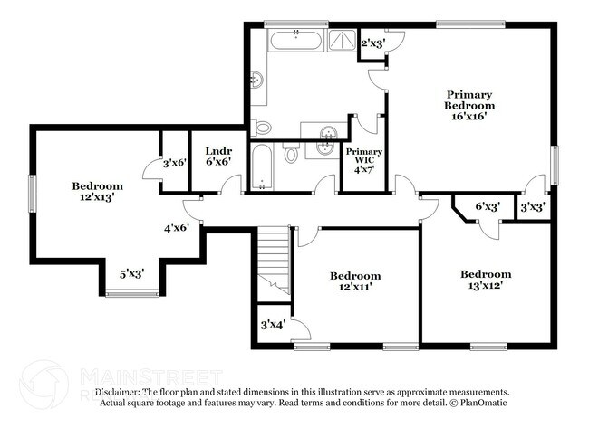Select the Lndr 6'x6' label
pyautogui.click(x=217, y=157)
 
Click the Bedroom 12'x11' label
pyautogui.click(x=354, y=281)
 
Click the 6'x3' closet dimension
pyautogui.click(x=488, y=207)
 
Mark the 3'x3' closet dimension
pyautogui.click(x=532, y=208)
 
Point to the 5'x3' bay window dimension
pyautogui.click(x=133, y=272)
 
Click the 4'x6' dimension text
pyautogui.click(x=177, y=229)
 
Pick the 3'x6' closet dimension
pyautogui.click(x=175, y=164)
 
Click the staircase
pyautogui.click(x=273, y=262)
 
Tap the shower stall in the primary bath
pyautogui.click(x=341, y=39)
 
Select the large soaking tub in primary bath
pyautogui.click(x=294, y=40)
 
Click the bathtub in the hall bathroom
pyautogui.click(x=262, y=168)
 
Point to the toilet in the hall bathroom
pyautogui.click(x=291, y=155)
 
